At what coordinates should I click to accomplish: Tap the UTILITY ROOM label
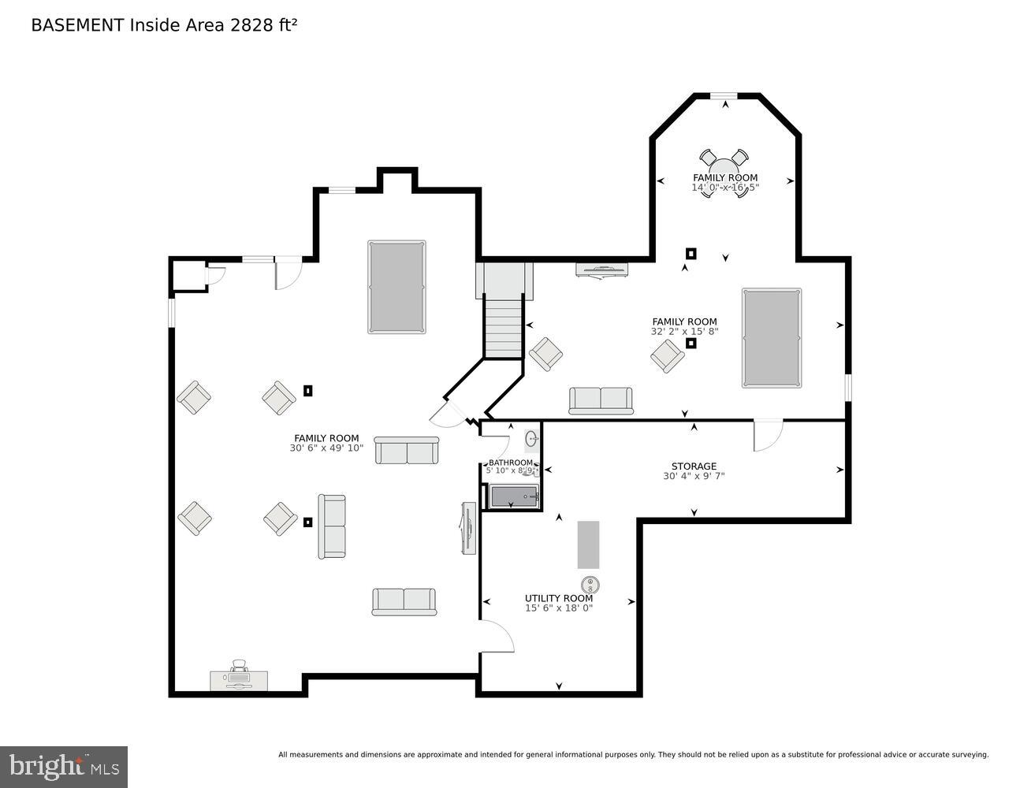tap(559, 598)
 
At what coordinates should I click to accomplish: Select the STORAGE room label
tap(694, 466)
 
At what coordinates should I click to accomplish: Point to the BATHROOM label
tap(510, 463)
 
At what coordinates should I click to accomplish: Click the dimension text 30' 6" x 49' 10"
tap(326, 448)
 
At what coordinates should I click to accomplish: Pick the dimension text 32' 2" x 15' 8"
tap(684, 332)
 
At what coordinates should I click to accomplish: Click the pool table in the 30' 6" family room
tap(396, 287)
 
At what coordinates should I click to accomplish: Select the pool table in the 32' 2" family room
tap(771, 337)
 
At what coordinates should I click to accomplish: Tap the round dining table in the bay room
tap(724, 171)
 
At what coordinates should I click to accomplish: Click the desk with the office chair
tap(239, 679)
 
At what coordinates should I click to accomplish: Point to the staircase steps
tap(504, 326)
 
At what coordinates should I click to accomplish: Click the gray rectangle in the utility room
tap(588, 545)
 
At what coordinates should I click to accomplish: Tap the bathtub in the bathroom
tap(514, 496)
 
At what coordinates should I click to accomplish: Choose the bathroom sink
tap(532, 439)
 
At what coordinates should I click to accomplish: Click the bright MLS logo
tap(64, 766)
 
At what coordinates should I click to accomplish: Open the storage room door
tap(768, 436)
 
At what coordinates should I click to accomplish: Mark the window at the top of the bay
tap(724, 96)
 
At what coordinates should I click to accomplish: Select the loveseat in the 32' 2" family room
tap(601, 400)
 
